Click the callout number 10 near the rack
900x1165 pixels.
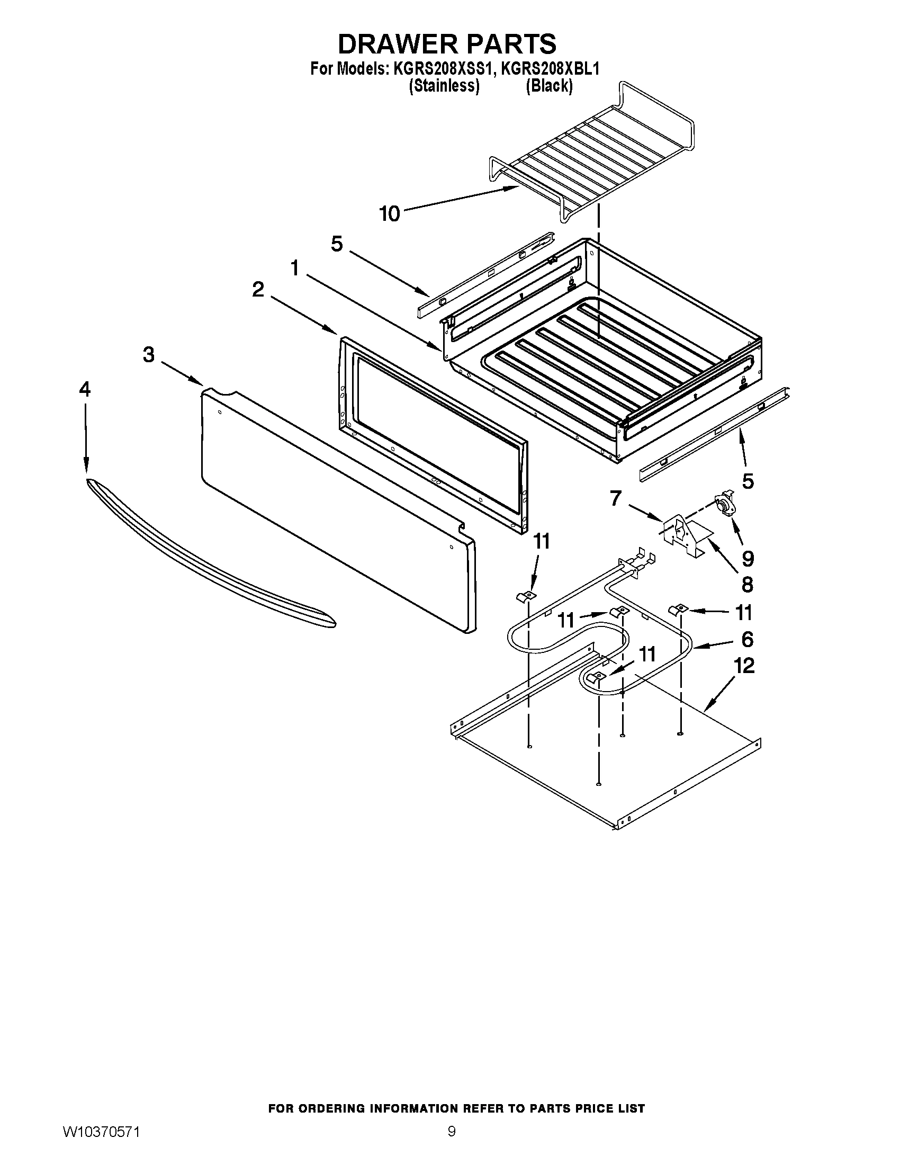(389, 214)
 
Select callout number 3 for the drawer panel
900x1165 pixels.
(149, 354)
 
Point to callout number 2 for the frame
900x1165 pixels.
(258, 290)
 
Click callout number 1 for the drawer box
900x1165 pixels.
(295, 268)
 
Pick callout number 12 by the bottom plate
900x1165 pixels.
(744, 665)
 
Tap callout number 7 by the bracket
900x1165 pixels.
(616, 498)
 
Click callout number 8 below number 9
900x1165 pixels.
(748, 585)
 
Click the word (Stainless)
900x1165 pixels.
(444, 85)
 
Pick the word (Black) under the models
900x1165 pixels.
(549, 85)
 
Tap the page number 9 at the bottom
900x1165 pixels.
(451, 1129)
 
